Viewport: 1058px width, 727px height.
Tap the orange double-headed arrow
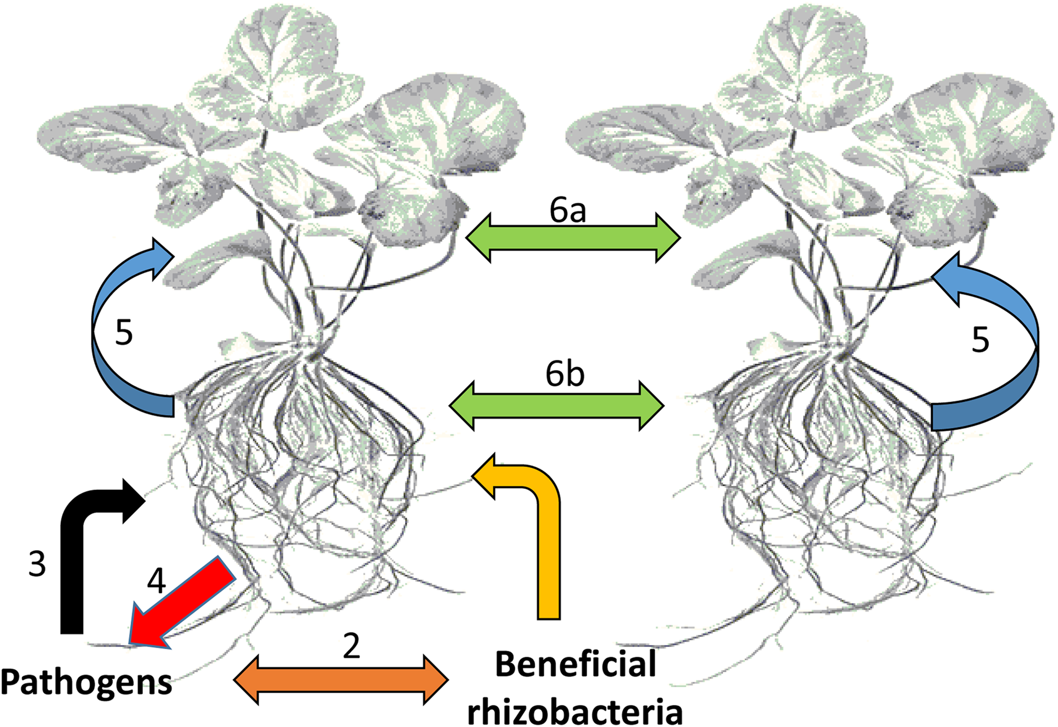coord(341,680)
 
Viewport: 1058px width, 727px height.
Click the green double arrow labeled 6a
coord(573,238)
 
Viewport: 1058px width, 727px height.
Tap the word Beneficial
coord(576,664)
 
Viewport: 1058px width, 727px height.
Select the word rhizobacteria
coord(575,712)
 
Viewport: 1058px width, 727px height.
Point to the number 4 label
coord(156,581)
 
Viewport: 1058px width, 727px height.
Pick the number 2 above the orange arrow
coord(351,646)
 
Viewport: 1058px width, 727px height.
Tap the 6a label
coord(568,211)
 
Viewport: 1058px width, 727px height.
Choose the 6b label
coord(565,375)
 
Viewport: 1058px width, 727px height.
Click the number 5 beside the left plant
coord(124,333)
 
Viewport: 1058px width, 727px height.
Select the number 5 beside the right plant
coord(980,340)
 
